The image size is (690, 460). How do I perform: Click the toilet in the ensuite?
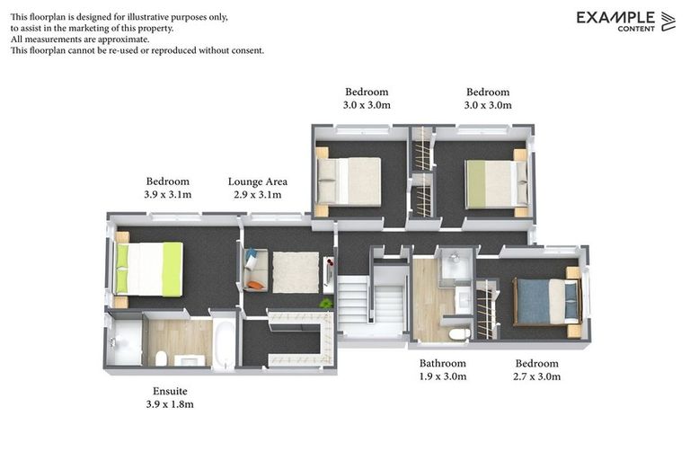pyautogui.click(x=162, y=358)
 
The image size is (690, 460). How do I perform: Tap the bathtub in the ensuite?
pyautogui.click(x=222, y=342)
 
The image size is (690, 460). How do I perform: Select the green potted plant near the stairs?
pyautogui.click(x=325, y=303)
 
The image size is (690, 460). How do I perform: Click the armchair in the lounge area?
pyautogui.click(x=255, y=271)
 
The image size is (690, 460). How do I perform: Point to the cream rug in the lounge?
pyautogui.click(x=296, y=271)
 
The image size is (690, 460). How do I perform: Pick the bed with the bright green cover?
pyautogui.click(x=149, y=269)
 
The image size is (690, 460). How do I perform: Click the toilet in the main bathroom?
pyautogui.click(x=458, y=334)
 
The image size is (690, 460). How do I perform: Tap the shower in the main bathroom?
pyautogui.click(x=455, y=268)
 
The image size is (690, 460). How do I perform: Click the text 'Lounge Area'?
pyautogui.click(x=257, y=181)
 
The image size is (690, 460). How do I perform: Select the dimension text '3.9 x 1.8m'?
pyautogui.click(x=169, y=405)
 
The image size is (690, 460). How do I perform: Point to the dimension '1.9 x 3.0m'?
pyautogui.click(x=443, y=376)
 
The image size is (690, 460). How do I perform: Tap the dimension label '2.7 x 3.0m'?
pyautogui.click(x=536, y=376)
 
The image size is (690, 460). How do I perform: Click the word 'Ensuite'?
pyautogui.click(x=169, y=392)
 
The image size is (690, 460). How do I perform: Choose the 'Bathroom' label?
pyautogui.click(x=443, y=364)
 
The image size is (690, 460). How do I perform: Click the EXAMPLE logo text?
pyautogui.click(x=615, y=17)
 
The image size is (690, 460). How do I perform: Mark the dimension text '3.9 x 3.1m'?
pyautogui.click(x=167, y=194)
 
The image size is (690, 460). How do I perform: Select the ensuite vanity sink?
pyautogui.click(x=190, y=360)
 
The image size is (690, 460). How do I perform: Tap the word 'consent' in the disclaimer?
pyautogui.click(x=244, y=50)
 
